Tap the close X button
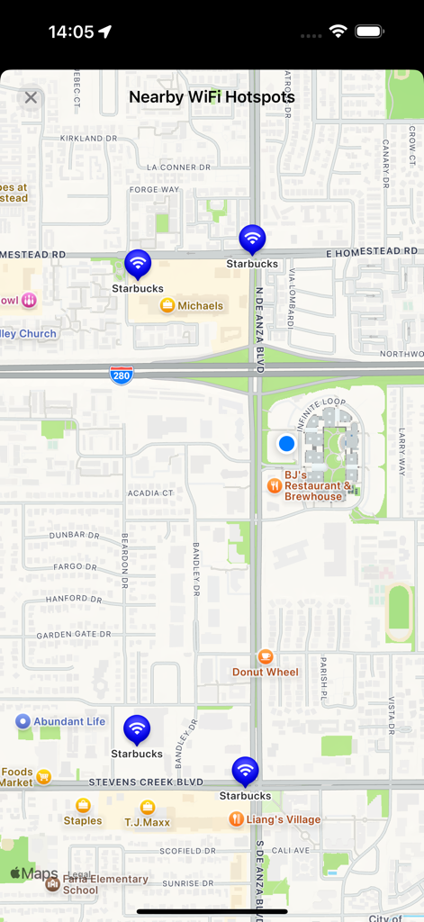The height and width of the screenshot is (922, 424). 32,97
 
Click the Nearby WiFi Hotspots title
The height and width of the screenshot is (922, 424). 212,97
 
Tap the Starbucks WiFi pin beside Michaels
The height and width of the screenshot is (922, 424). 137,264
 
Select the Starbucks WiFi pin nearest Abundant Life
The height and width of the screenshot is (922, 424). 137,728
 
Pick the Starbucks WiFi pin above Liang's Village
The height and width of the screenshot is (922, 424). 245,772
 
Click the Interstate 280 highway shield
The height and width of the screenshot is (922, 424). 122,375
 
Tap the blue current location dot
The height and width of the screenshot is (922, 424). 286,444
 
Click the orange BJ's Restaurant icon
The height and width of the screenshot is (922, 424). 275,485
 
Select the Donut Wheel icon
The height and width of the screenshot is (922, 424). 265,656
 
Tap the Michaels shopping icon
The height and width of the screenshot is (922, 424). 167,305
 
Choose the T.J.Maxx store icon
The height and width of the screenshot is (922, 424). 148,807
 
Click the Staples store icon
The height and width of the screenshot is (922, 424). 83,806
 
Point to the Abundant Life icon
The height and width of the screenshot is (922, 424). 23,721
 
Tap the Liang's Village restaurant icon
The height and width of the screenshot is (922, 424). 236,819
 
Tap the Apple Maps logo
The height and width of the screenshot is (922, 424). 34,873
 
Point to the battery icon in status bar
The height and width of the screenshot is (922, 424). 369,32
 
